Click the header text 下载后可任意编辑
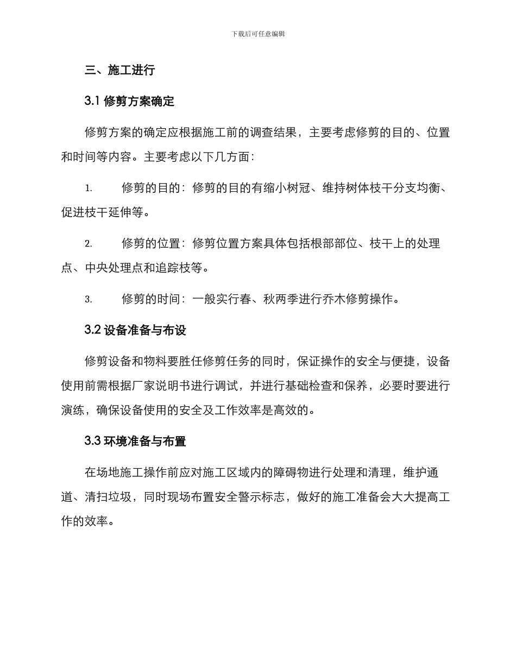click(x=258, y=34)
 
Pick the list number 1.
click(x=88, y=188)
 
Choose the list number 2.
click(x=88, y=244)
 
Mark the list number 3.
click(x=88, y=299)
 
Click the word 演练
click(x=73, y=410)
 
